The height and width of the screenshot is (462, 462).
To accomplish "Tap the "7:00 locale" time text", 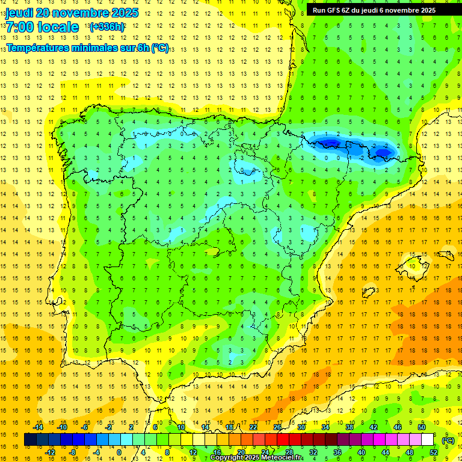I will (x=42, y=27).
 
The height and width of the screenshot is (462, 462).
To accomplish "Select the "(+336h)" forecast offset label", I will (x=107, y=27).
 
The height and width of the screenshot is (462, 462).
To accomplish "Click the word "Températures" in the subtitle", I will (x=38, y=48).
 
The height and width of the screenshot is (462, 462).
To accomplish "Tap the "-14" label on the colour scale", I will (x=38, y=427).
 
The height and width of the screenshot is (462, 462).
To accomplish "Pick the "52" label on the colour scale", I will (x=434, y=452).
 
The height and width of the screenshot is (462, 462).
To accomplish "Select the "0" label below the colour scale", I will (x=119, y=452).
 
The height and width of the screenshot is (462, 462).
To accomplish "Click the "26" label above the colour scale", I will (x=277, y=427).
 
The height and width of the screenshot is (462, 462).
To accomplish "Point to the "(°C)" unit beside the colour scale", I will (x=448, y=440).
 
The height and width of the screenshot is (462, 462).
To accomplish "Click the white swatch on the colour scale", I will (x=428, y=440).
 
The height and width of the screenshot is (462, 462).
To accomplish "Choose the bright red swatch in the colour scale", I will (x=283, y=440).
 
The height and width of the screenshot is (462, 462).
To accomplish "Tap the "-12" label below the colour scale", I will (x=50, y=452).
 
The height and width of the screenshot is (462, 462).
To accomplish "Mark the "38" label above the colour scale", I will (x=350, y=427).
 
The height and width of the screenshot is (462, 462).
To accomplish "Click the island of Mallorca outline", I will (x=415, y=265).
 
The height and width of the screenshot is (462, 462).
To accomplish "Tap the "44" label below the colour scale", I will (x=386, y=452).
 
